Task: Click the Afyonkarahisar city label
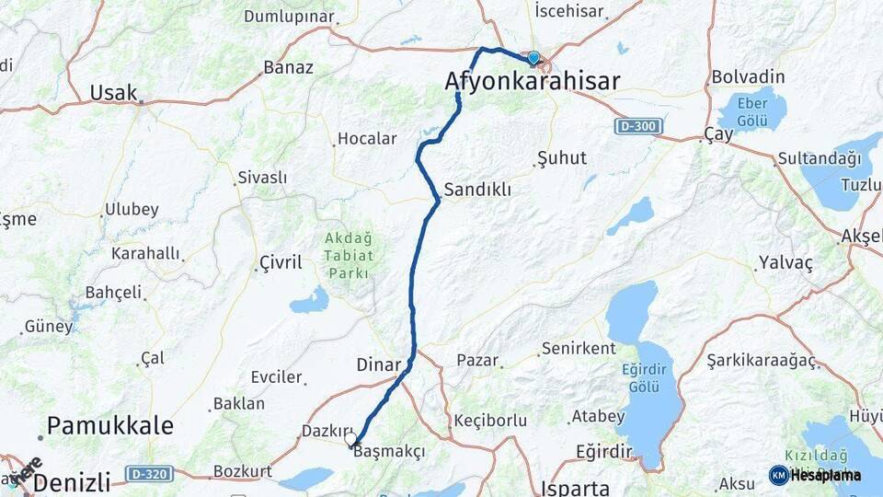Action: [x=532, y=82]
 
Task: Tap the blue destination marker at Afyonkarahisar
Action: [x=533, y=58]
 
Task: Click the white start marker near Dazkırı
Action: [x=350, y=440]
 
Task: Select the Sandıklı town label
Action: [x=476, y=190]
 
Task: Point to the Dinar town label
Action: [x=379, y=364]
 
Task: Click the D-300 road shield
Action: [x=639, y=125]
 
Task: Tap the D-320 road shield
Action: [x=148, y=474]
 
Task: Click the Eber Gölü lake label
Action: [x=753, y=111]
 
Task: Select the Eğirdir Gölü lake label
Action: [x=644, y=378]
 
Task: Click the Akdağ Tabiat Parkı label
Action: [x=347, y=255]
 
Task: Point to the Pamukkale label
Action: [x=110, y=425]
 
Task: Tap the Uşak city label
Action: [x=114, y=92]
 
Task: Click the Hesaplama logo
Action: [x=816, y=475]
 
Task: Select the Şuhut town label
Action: [x=561, y=158]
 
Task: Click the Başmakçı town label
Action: [x=390, y=452]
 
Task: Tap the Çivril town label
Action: [x=280, y=263]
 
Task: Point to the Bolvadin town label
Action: [x=748, y=76]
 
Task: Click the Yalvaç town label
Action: [x=786, y=263]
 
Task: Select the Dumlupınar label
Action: [x=289, y=16]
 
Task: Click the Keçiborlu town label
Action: [x=490, y=421]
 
